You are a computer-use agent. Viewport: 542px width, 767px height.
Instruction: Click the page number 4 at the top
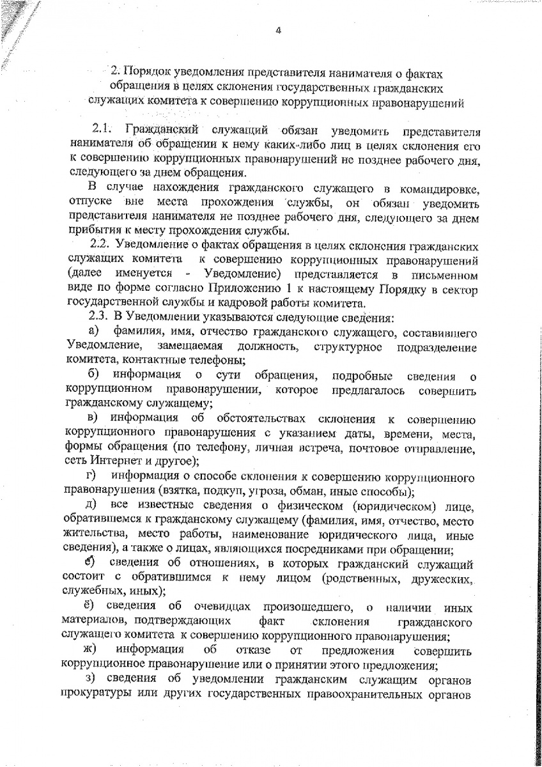(x=278, y=27)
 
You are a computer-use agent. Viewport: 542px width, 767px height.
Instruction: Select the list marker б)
(x=93, y=375)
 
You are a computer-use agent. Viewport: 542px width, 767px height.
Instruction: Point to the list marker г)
(x=91, y=477)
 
